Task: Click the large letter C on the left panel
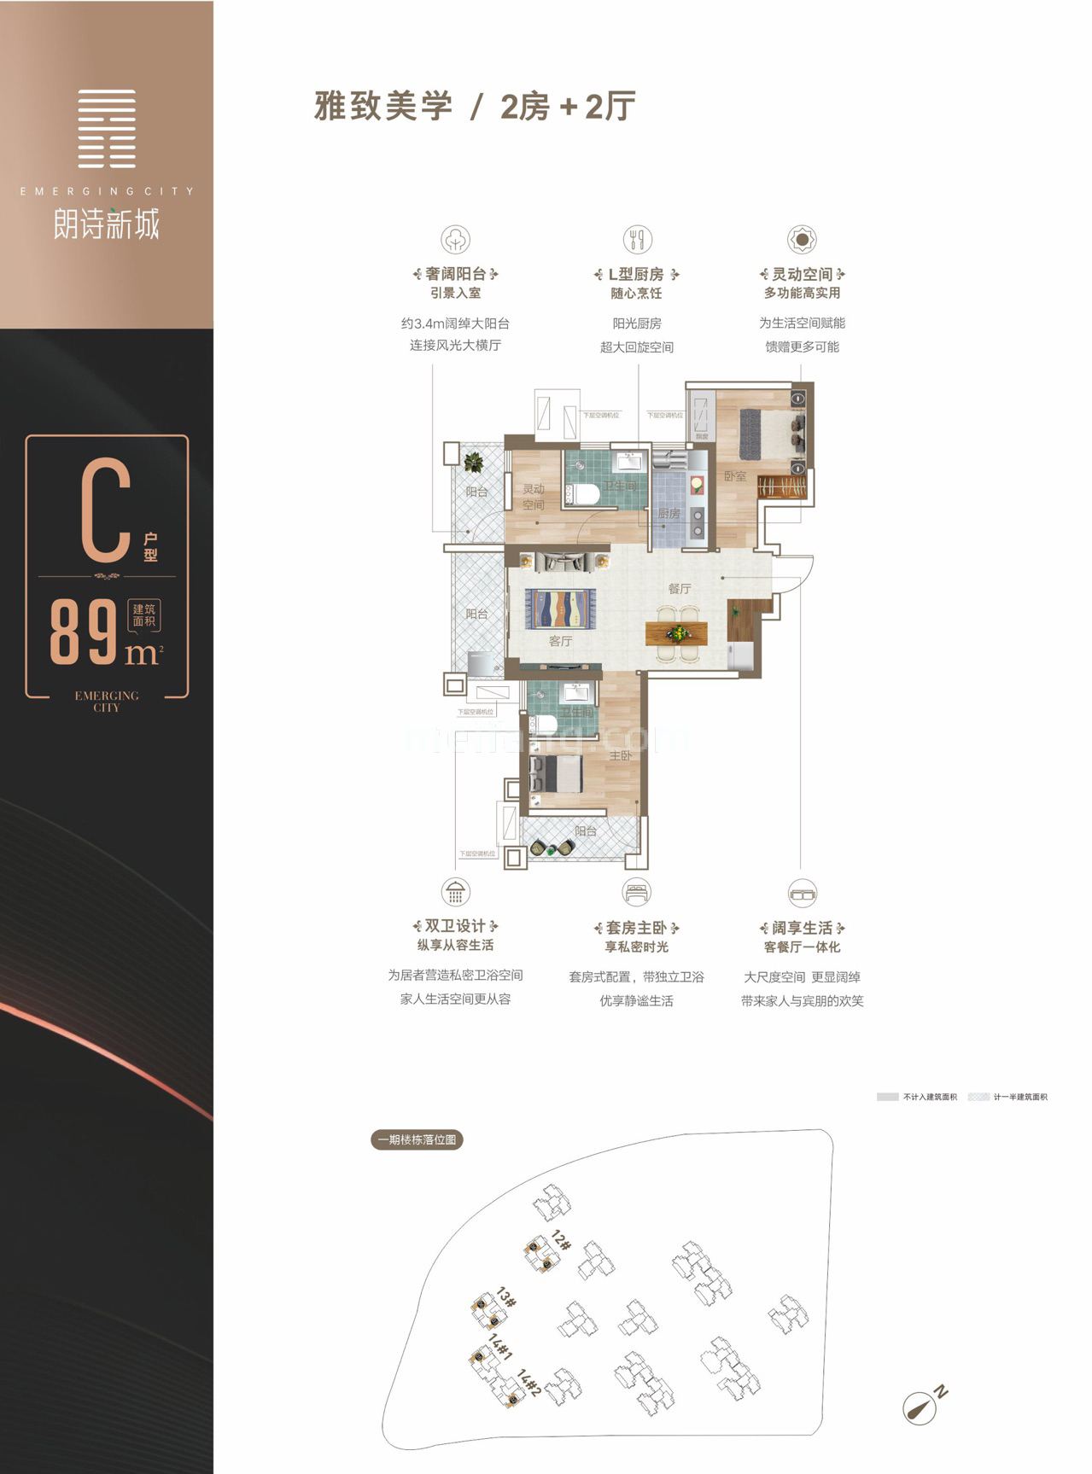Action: click(106, 510)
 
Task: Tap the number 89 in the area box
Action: click(84, 632)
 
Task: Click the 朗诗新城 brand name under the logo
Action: click(107, 225)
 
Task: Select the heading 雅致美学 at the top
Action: click(382, 108)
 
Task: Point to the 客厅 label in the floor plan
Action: click(560, 641)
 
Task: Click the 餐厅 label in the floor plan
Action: click(680, 589)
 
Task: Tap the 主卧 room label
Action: click(621, 755)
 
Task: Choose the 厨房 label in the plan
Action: click(669, 514)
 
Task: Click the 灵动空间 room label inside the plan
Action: click(534, 497)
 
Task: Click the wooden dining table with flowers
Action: click(677, 633)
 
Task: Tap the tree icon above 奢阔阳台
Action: click(455, 239)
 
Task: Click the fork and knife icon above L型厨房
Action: click(637, 239)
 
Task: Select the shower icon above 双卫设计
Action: click(456, 892)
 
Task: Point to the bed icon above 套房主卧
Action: click(636, 893)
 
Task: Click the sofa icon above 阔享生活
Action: click(803, 893)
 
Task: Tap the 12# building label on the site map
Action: click(561, 1240)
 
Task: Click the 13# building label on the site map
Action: click(506, 1299)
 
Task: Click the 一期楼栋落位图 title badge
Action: click(418, 1139)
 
